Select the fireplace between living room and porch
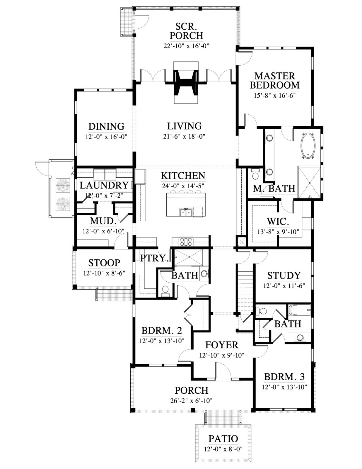186,82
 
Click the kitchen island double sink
186,212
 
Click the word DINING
106,126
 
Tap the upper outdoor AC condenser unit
63,185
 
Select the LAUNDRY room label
104,185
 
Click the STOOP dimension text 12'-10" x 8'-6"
104,273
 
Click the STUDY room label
284,276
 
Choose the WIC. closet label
278,221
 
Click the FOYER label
222,345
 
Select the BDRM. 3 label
284,377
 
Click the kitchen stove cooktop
186,242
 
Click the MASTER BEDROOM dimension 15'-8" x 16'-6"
274,95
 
